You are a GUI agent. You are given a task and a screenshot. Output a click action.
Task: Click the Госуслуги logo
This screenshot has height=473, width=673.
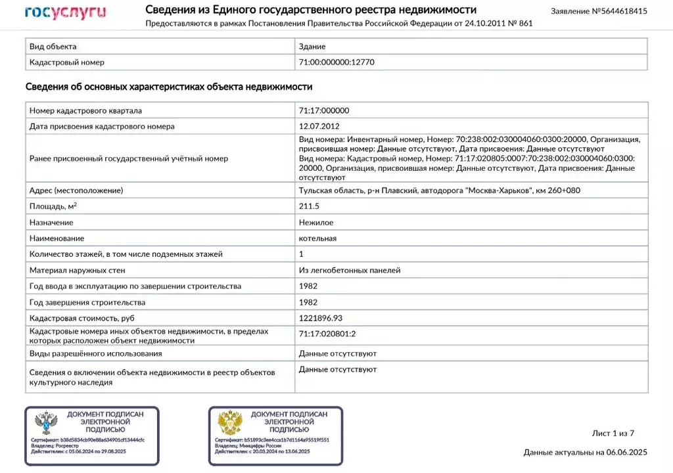coord(65,12)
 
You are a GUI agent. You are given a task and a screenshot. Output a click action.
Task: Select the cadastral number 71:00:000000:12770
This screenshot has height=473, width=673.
coord(336,62)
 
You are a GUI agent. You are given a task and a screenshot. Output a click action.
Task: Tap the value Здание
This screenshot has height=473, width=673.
coord(312,47)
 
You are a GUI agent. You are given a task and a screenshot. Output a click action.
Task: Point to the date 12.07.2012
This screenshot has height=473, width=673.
coord(319,126)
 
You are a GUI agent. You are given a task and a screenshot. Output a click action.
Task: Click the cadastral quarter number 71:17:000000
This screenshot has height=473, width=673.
coord(324,110)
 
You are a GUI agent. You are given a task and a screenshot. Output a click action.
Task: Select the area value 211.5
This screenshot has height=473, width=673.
coord(309,206)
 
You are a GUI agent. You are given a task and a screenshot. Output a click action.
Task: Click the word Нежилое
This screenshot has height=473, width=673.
coord(315,223)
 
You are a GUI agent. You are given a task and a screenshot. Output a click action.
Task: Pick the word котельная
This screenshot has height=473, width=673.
coord(317,238)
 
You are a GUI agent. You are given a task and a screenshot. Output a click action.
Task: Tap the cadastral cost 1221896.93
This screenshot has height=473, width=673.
coord(321,318)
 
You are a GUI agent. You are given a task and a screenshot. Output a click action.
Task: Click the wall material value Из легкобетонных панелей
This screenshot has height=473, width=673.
coord(350,270)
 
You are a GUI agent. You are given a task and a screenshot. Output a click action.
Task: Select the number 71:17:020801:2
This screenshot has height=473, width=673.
coord(327,334)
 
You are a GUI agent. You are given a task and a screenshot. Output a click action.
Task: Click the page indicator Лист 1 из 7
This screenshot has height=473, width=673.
coord(613,433)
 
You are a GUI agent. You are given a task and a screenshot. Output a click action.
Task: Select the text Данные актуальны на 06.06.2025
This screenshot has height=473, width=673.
coord(585,452)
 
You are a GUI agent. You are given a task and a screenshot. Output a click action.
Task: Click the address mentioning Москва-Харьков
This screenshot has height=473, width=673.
coord(439,191)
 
